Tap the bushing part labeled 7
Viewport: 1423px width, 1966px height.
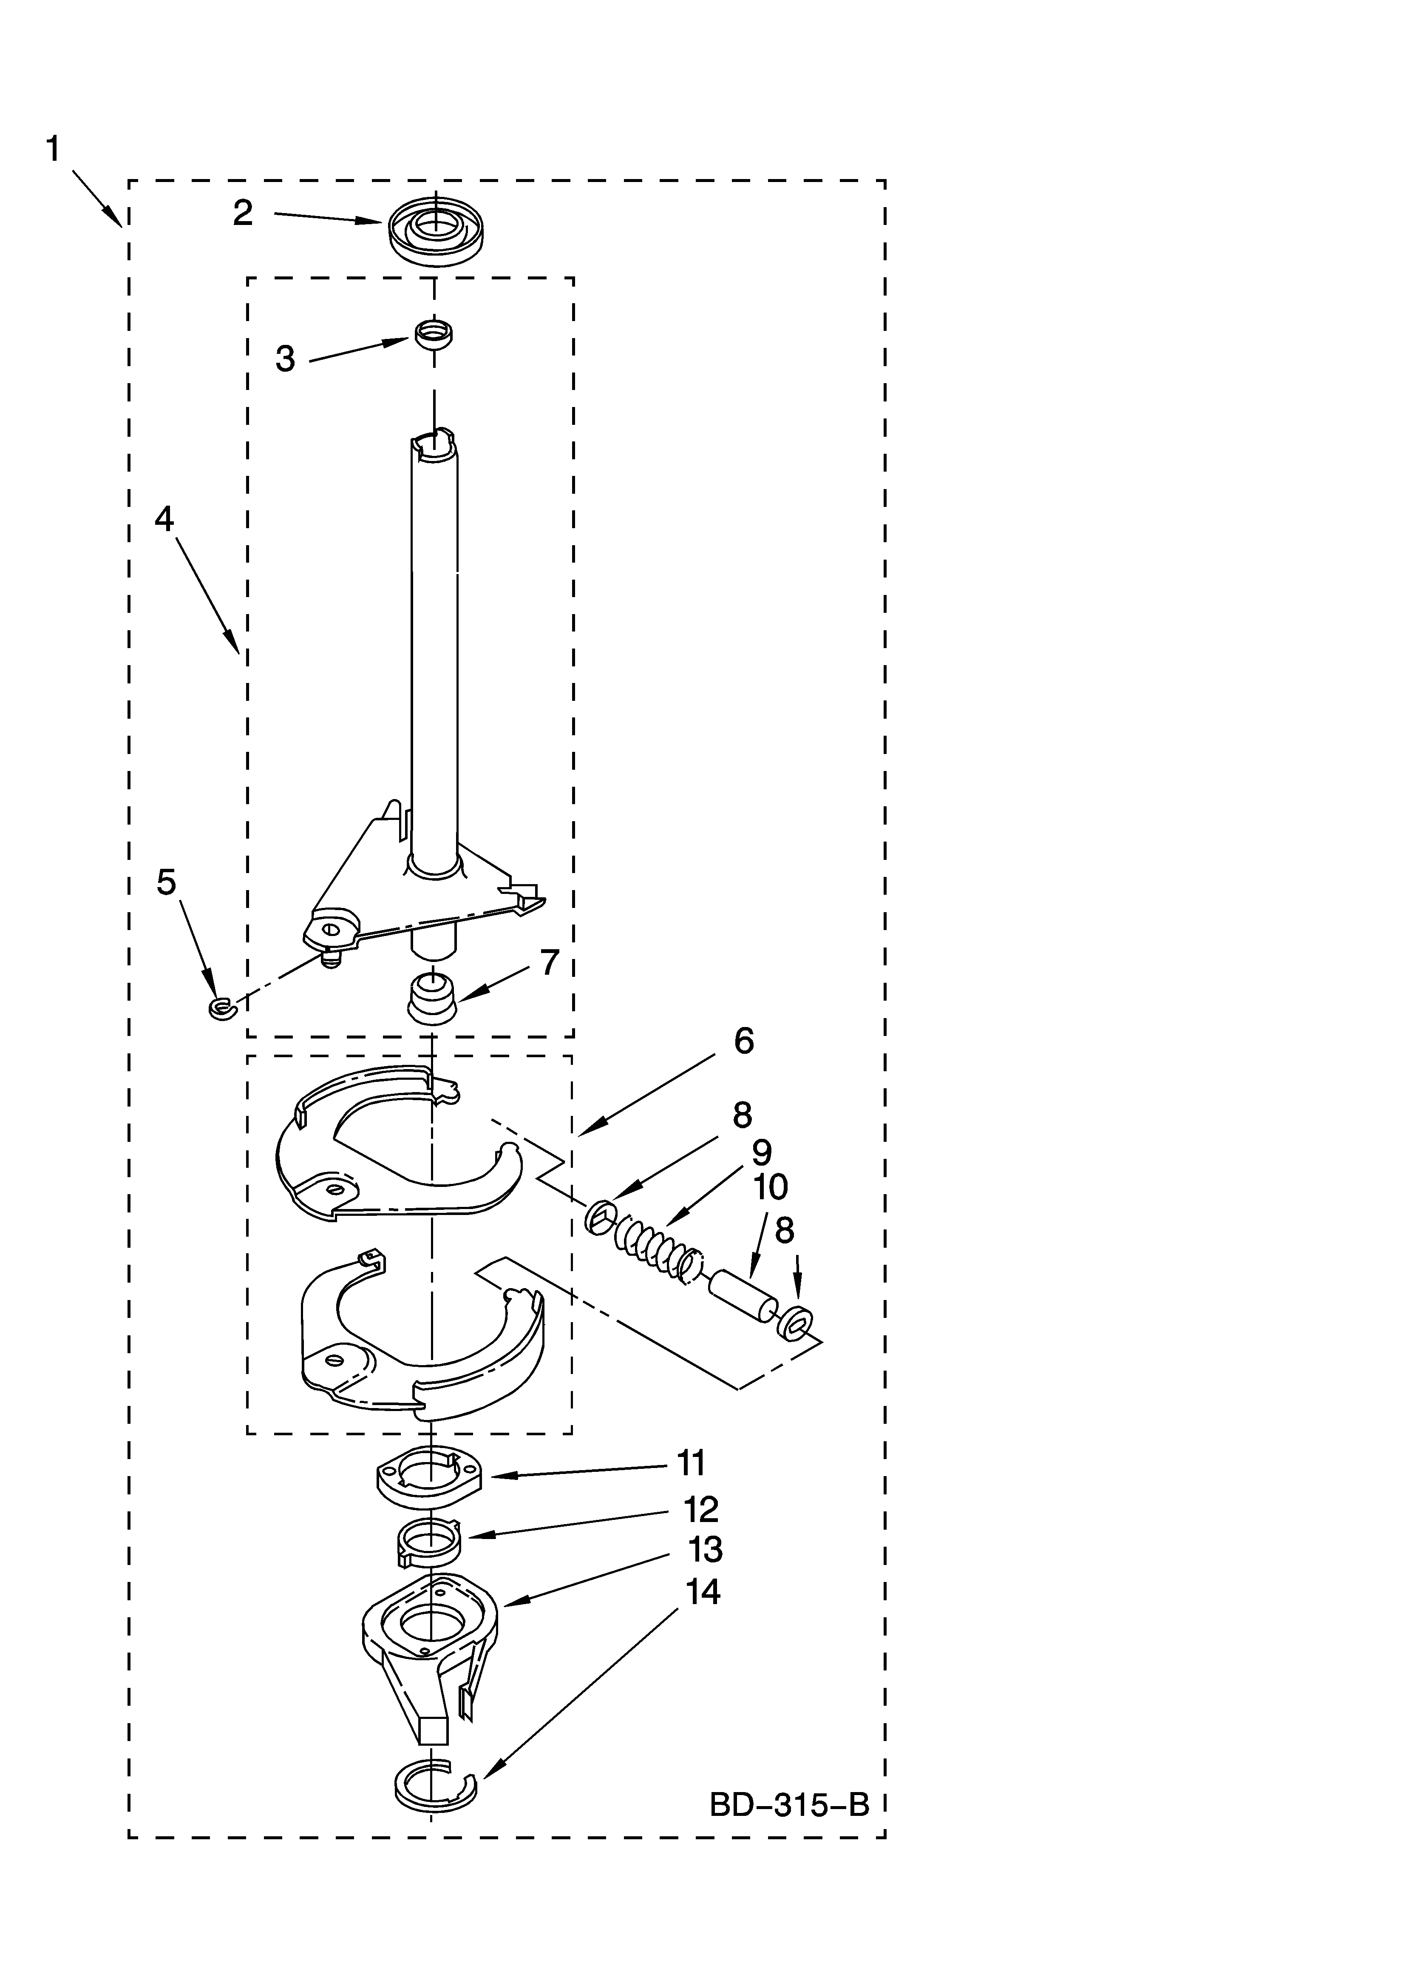coord(431,999)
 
